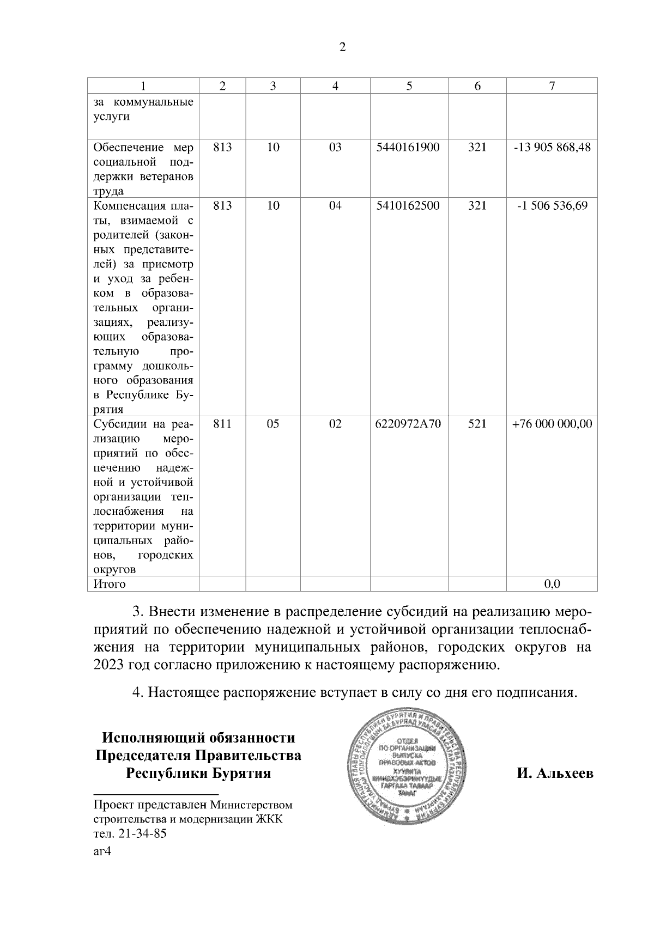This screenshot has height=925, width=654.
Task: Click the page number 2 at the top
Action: [342, 47]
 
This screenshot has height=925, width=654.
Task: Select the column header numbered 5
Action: [409, 86]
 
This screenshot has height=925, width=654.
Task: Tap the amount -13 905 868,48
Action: [552, 148]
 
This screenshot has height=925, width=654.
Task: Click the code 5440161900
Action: [408, 148]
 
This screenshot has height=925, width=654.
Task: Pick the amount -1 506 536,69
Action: [552, 206]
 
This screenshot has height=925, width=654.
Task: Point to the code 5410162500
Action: [408, 206]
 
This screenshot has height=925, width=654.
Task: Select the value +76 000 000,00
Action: [552, 424]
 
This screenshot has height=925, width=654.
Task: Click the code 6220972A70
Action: [408, 424]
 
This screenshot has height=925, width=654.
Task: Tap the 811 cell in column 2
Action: [222, 424]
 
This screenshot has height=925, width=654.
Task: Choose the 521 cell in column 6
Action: [477, 424]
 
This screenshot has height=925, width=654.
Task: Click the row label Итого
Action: [110, 585]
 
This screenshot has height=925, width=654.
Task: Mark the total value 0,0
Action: [552, 585]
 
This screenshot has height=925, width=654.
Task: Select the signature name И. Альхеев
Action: [555, 774]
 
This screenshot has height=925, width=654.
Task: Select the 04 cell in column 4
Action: [335, 206]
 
